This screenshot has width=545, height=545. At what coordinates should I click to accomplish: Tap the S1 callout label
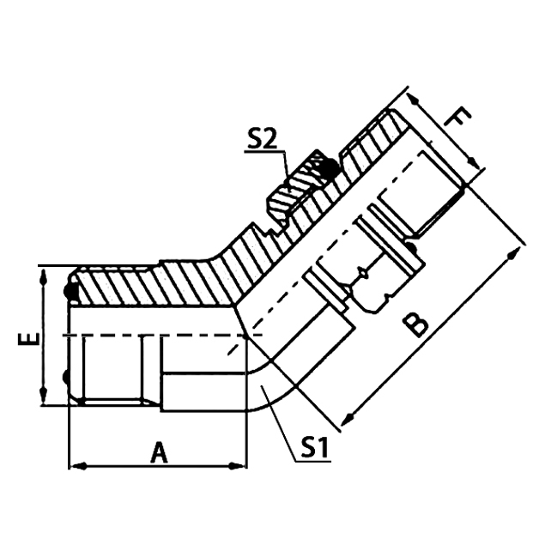click(x=312, y=446)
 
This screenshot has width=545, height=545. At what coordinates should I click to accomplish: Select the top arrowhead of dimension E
click(x=44, y=273)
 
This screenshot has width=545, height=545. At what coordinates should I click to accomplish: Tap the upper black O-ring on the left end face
click(x=72, y=292)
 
